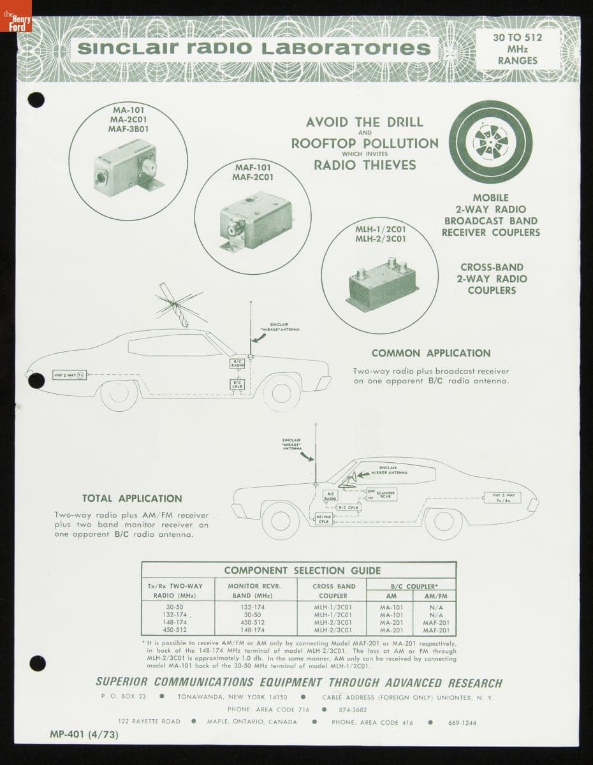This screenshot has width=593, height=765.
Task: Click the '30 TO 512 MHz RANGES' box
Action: pyautogui.click(x=517, y=48)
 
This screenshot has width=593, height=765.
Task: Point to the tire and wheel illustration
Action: pyautogui.click(x=490, y=142)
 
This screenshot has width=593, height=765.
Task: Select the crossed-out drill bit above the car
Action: pyautogui.click(x=174, y=305)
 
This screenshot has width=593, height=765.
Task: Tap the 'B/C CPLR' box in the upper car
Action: pyautogui.click(x=237, y=384)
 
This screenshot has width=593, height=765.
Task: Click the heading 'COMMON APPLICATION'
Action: pyautogui.click(x=431, y=353)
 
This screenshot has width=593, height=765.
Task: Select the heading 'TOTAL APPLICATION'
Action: pyautogui.click(x=132, y=499)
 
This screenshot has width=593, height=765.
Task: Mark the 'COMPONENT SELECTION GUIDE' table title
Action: pyautogui.click(x=302, y=571)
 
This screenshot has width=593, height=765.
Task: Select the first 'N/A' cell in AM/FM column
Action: pyautogui.click(x=436, y=608)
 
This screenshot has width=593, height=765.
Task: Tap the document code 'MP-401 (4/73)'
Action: pyautogui.click(x=84, y=734)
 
